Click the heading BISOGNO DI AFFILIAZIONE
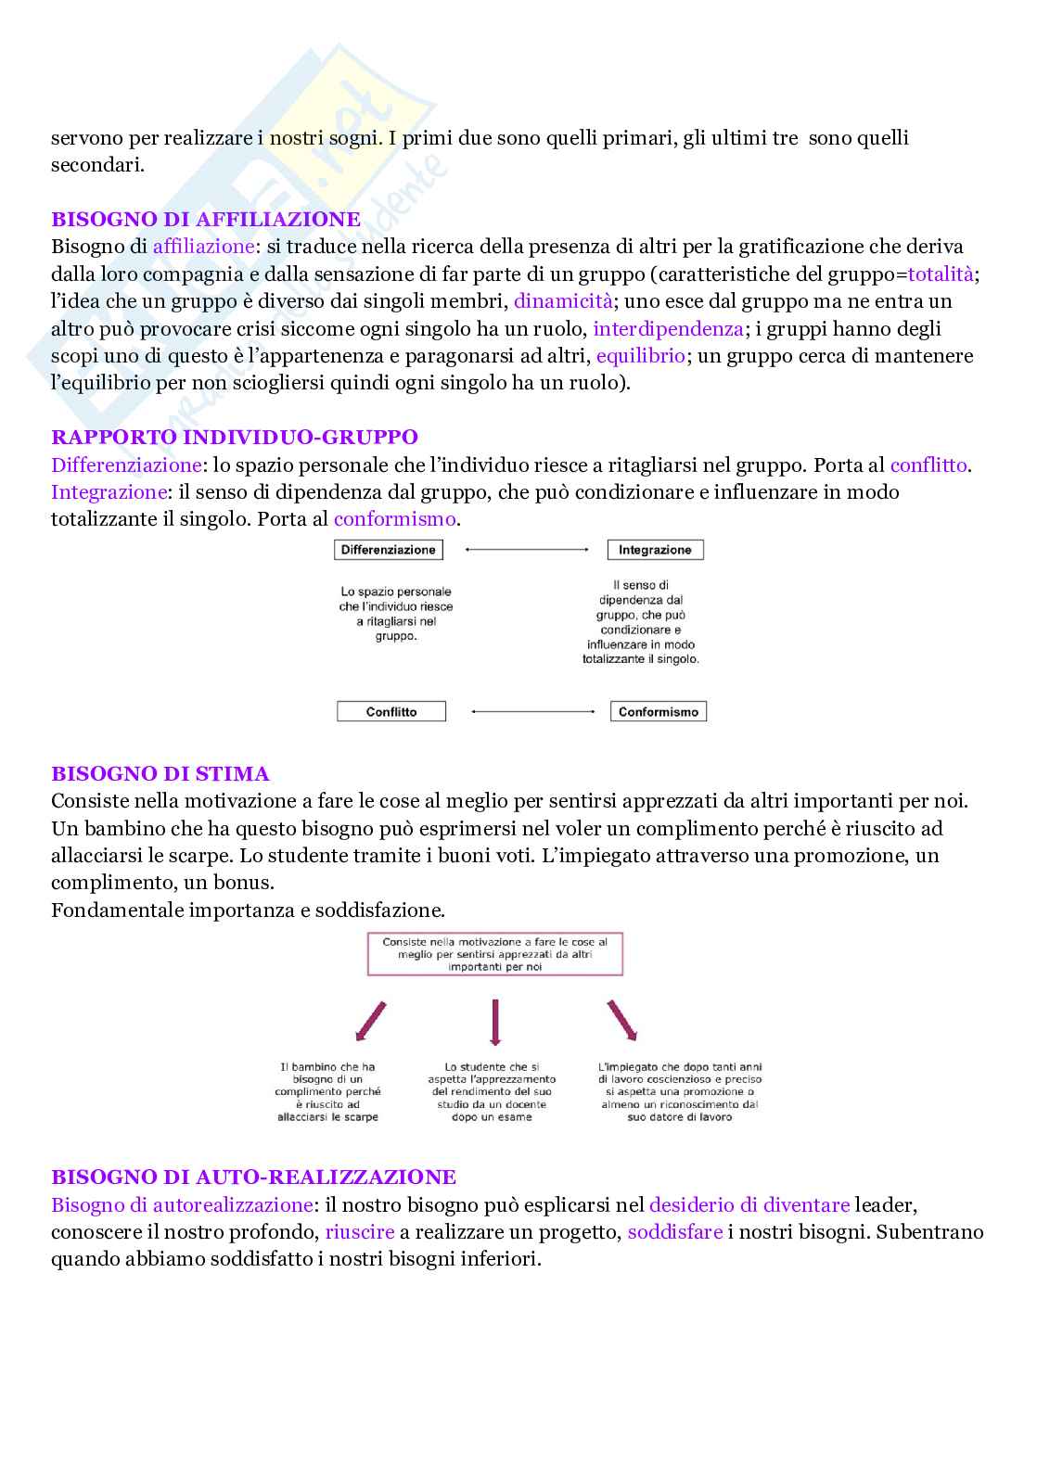click(205, 220)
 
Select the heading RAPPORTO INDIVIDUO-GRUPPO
click(235, 437)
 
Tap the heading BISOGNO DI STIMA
click(160, 773)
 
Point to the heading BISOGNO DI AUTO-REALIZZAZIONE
click(253, 1178)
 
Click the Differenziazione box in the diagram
click(388, 550)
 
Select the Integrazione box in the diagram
click(655, 550)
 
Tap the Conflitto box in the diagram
click(391, 712)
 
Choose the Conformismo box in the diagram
click(659, 712)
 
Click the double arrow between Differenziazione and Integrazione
click(526, 550)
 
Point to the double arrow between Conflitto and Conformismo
click(532, 712)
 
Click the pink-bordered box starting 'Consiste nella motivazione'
click(495, 954)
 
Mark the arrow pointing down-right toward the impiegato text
click(622, 1020)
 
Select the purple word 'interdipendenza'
click(668, 328)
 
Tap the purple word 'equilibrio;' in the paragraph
click(640, 355)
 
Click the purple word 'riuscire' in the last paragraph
click(360, 1232)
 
